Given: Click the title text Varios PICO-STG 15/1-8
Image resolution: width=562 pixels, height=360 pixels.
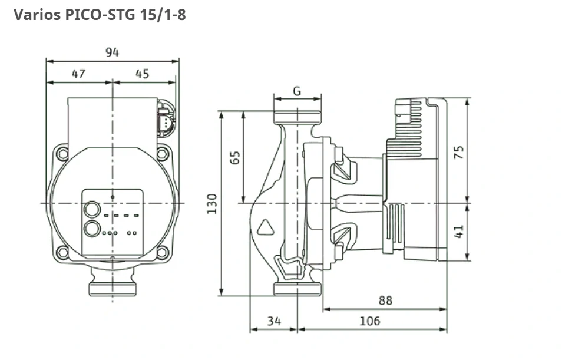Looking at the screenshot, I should pyautogui.click(x=100, y=15).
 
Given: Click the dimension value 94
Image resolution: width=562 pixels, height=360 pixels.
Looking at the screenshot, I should pyautogui.click(x=112, y=52).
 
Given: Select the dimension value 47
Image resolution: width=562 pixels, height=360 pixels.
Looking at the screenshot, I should pyautogui.click(x=78, y=74).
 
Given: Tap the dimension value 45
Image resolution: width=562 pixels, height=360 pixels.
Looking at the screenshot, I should pyautogui.click(x=142, y=74).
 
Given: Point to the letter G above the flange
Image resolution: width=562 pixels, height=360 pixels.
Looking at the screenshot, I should pyautogui.click(x=297, y=91).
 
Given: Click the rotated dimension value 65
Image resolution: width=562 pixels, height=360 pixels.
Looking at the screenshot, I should pyautogui.click(x=235, y=157).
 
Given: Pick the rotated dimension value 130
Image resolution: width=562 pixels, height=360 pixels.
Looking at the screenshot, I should pyautogui.click(x=212, y=203).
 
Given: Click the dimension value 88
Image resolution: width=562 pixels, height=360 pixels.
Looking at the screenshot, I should pyautogui.click(x=385, y=300).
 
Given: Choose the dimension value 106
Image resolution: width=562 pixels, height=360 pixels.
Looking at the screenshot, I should pyautogui.click(x=370, y=321).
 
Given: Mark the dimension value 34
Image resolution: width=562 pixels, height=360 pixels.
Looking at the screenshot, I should pyautogui.click(x=274, y=321).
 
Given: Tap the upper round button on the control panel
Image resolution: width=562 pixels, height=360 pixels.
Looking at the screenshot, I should pyautogui.click(x=92, y=209).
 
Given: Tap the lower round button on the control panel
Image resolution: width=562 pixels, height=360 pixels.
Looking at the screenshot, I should pyautogui.click(x=92, y=229).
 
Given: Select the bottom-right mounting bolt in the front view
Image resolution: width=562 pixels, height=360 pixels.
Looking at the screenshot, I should pyautogui.click(x=162, y=253).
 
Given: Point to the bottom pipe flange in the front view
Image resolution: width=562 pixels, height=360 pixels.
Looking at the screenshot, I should pyautogui.click(x=113, y=288).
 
